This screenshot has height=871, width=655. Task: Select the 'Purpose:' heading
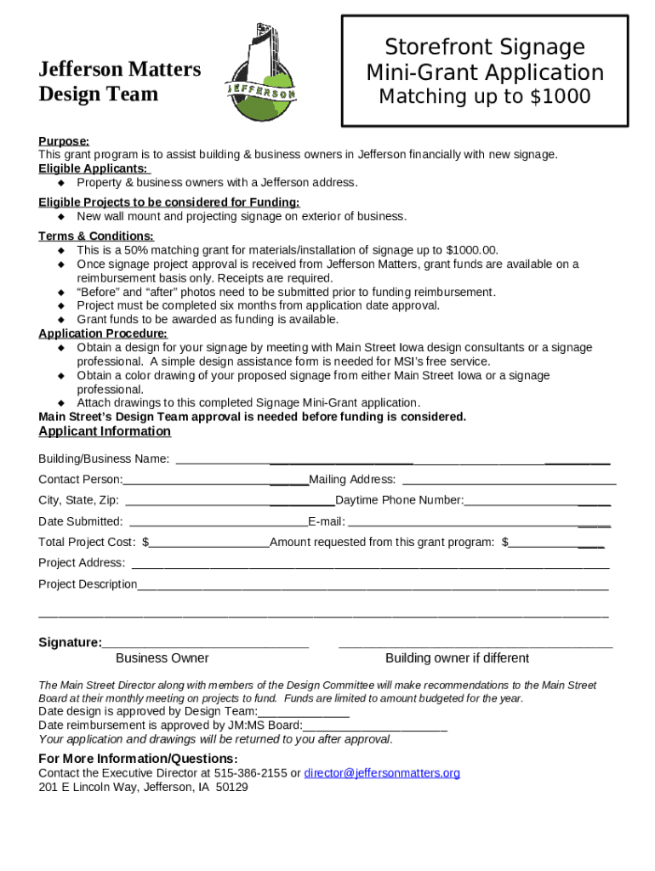coord(64,141)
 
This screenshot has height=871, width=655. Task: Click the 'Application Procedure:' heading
coord(103,333)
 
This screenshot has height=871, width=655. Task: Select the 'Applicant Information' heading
coord(105,431)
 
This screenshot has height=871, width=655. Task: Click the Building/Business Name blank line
coord(391,460)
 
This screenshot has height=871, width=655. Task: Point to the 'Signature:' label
coord(70,643)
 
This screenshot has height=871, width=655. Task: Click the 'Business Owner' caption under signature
coord(162,658)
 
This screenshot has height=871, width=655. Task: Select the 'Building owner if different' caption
coord(457,658)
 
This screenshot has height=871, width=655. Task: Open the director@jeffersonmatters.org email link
coord(382,773)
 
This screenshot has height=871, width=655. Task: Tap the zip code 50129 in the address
coord(232,788)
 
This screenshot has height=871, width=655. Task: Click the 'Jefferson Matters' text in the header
coord(120,69)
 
